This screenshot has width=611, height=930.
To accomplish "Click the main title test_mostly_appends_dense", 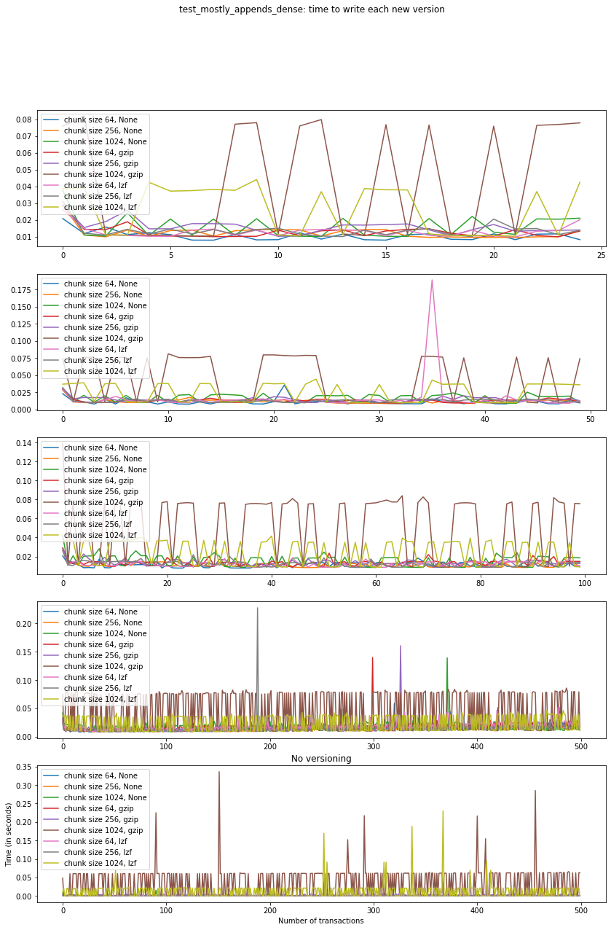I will click(x=312, y=9).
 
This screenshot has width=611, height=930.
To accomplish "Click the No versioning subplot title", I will click(x=321, y=759).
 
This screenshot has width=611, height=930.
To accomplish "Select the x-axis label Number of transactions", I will click(x=321, y=921).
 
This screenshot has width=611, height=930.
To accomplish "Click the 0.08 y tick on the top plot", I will click(x=25, y=120).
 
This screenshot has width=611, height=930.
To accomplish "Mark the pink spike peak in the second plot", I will click(x=432, y=281).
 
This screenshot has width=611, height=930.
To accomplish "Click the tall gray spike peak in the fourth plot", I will click(x=257, y=608).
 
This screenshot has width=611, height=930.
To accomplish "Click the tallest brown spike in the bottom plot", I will click(x=219, y=772).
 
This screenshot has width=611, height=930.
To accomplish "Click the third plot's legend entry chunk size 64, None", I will click(x=95, y=448).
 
